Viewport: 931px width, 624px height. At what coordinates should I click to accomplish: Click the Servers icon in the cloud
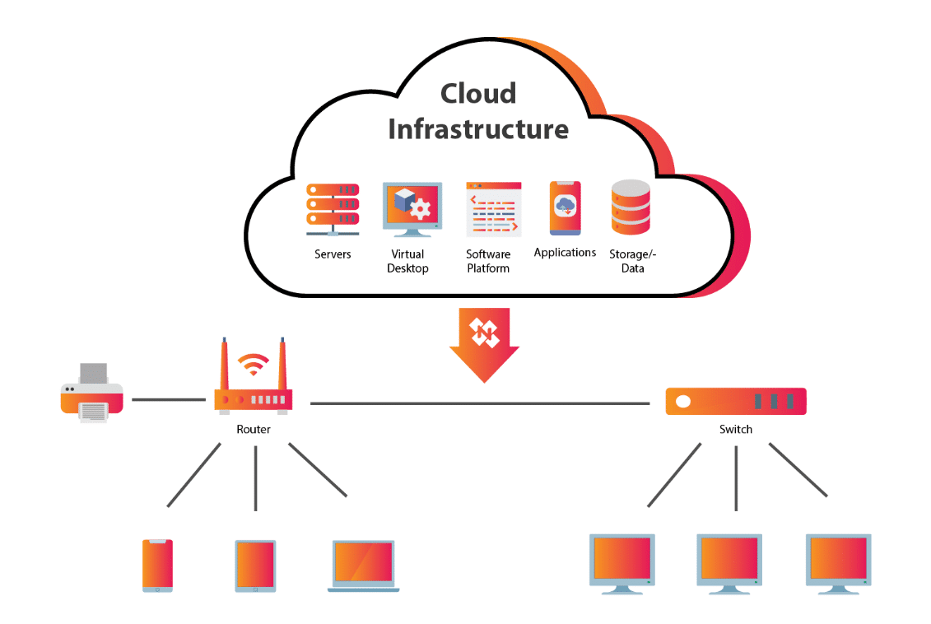point(333,210)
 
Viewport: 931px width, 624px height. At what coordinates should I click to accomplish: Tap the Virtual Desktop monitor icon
point(412,210)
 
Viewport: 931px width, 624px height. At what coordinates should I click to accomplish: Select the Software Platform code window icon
point(493,209)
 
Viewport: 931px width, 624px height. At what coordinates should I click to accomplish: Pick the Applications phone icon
point(565,208)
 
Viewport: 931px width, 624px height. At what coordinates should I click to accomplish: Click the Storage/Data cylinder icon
point(631,207)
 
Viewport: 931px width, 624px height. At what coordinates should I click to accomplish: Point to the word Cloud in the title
point(478,94)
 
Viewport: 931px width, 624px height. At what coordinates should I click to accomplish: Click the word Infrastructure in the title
point(478,129)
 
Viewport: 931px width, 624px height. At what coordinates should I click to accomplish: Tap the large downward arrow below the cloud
point(485,345)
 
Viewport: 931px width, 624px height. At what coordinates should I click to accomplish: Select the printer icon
point(92,393)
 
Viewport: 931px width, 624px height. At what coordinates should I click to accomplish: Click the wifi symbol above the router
point(254,364)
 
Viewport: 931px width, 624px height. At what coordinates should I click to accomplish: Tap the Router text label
point(254,429)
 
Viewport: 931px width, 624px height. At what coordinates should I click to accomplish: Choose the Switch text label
point(736,429)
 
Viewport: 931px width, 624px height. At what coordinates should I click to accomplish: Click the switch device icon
point(736,402)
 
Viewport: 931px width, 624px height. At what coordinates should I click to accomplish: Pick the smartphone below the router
point(157,566)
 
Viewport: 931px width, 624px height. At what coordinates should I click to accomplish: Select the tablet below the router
point(255,566)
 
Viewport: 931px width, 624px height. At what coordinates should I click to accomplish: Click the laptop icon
point(363,566)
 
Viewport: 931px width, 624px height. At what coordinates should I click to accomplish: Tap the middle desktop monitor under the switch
point(729,564)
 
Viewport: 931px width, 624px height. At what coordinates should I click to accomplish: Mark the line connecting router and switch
point(480,403)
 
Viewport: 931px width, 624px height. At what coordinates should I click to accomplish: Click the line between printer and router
point(169,399)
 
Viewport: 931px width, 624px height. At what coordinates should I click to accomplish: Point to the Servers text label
point(333,254)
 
